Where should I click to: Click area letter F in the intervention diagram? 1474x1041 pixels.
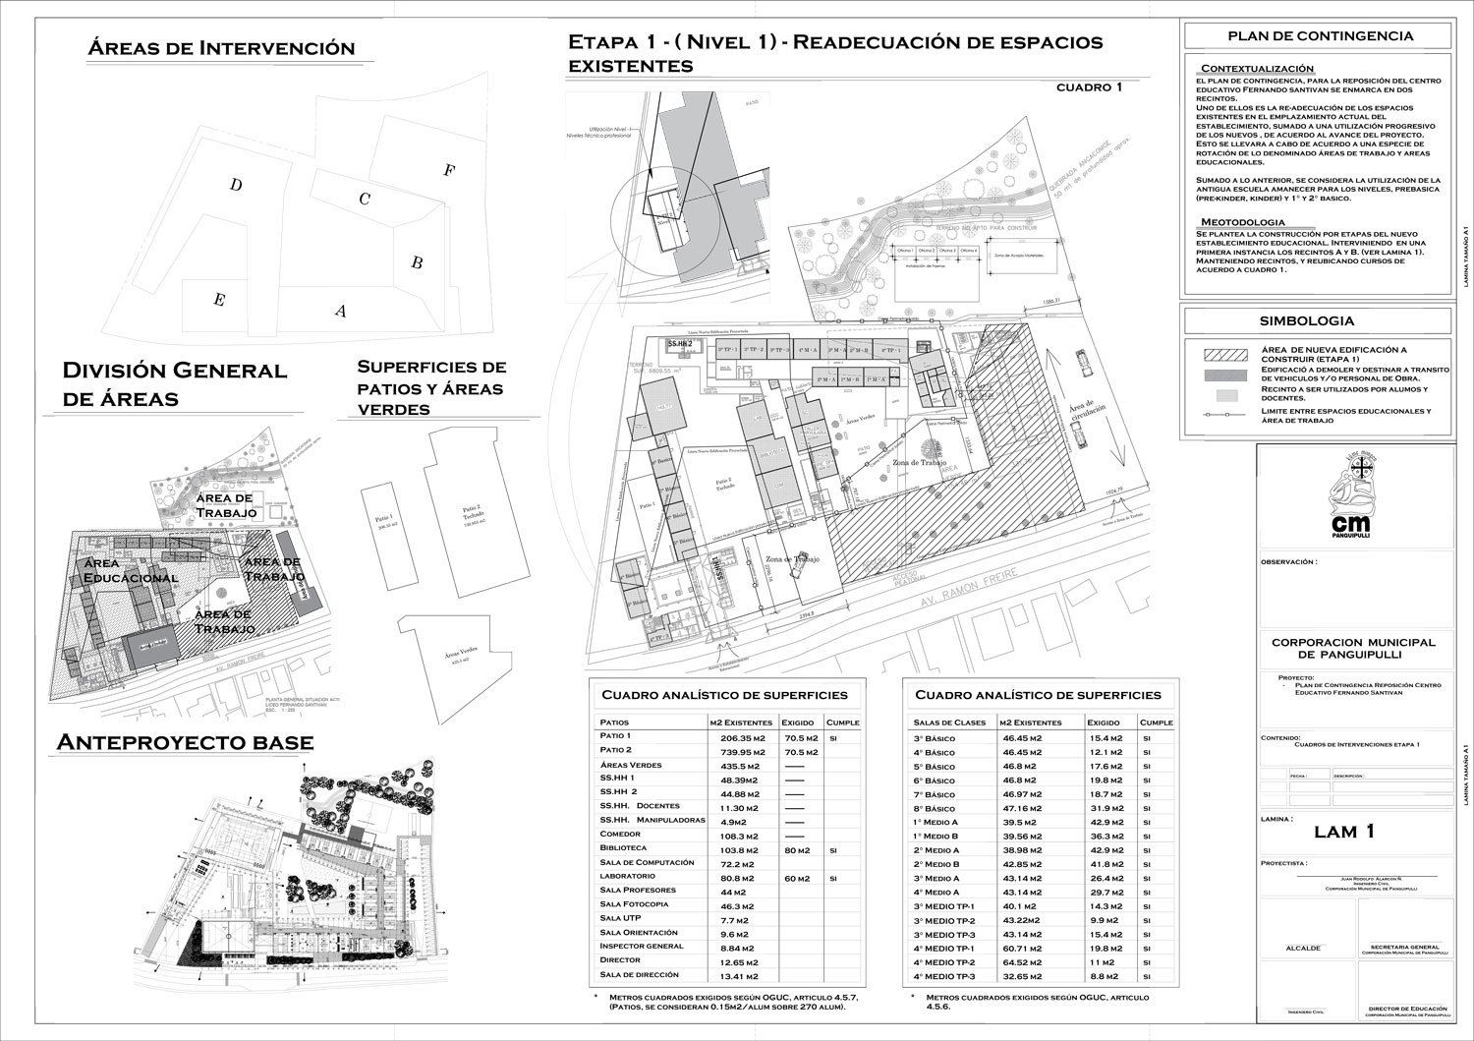[449, 170]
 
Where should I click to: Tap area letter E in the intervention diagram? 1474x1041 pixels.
[219, 301]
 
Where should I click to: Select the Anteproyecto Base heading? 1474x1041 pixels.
[185, 742]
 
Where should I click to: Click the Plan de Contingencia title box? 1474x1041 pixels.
[1319, 36]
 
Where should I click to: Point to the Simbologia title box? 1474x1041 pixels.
[1319, 320]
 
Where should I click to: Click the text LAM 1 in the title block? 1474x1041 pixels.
[1343, 832]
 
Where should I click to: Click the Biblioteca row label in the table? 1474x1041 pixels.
[623, 847]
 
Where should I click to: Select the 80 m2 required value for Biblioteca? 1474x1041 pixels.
[797, 848]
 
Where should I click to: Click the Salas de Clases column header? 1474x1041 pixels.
[942, 723]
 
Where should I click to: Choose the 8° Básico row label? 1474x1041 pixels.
[934, 808]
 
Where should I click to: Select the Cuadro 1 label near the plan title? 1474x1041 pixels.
[1089, 87]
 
